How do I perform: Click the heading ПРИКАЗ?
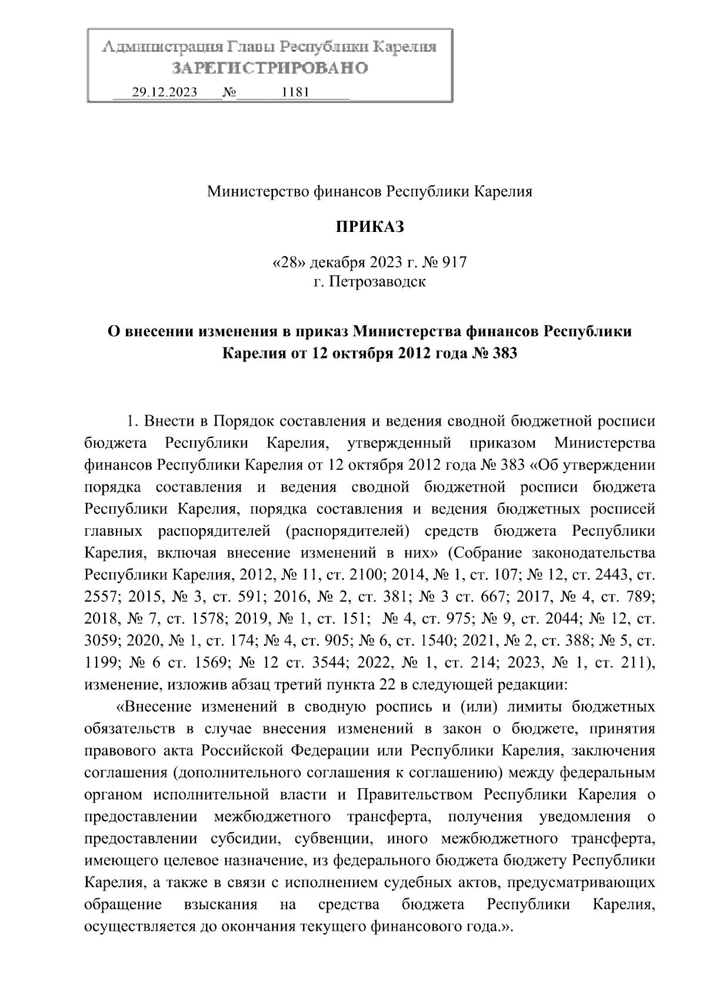click(370, 227)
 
